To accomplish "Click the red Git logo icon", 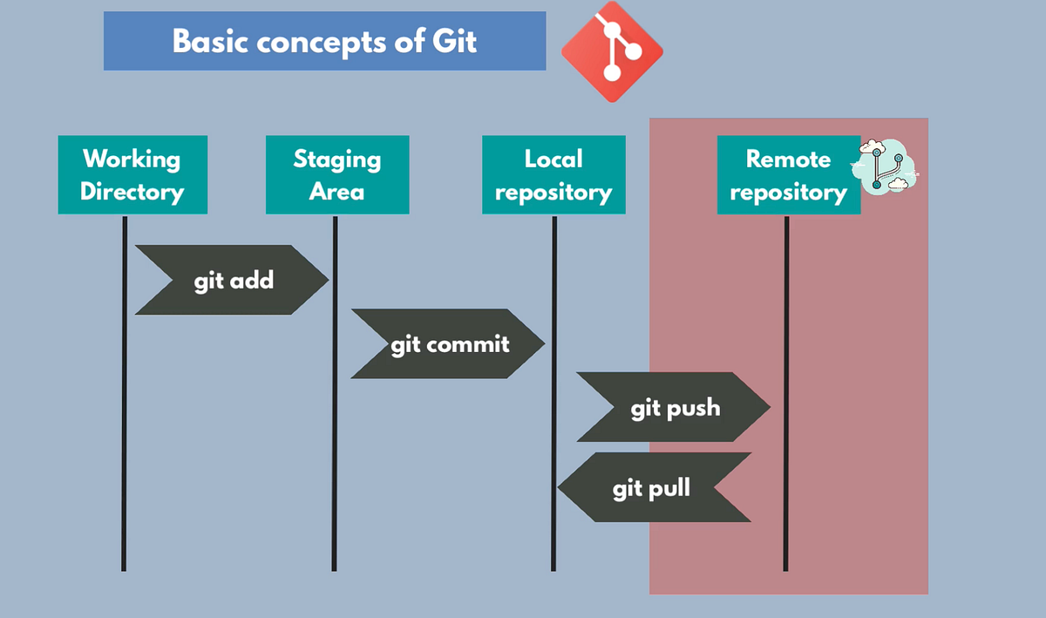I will click(x=612, y=51).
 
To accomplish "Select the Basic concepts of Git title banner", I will click(x=324, y=41).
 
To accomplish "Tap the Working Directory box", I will click(x=132, y=174).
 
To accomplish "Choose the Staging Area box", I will click(x=337, y=174).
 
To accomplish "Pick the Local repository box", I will click(x=554, y=174).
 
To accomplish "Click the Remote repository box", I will click(x=788, y=174).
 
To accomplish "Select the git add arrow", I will click(x=232, y=280).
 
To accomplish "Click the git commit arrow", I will click(x=448, y=343).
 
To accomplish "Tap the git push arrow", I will click(x=674, y=407).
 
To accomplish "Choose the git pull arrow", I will click(x=654, y=487).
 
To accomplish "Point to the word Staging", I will click(x=337, y=159).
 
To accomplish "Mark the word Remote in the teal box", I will click(x=788, y=159).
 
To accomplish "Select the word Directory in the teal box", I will click(x=132, y=191).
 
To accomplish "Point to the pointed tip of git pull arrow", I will click(x=560, y=487).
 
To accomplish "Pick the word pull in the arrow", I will click(x=669, y=487).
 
